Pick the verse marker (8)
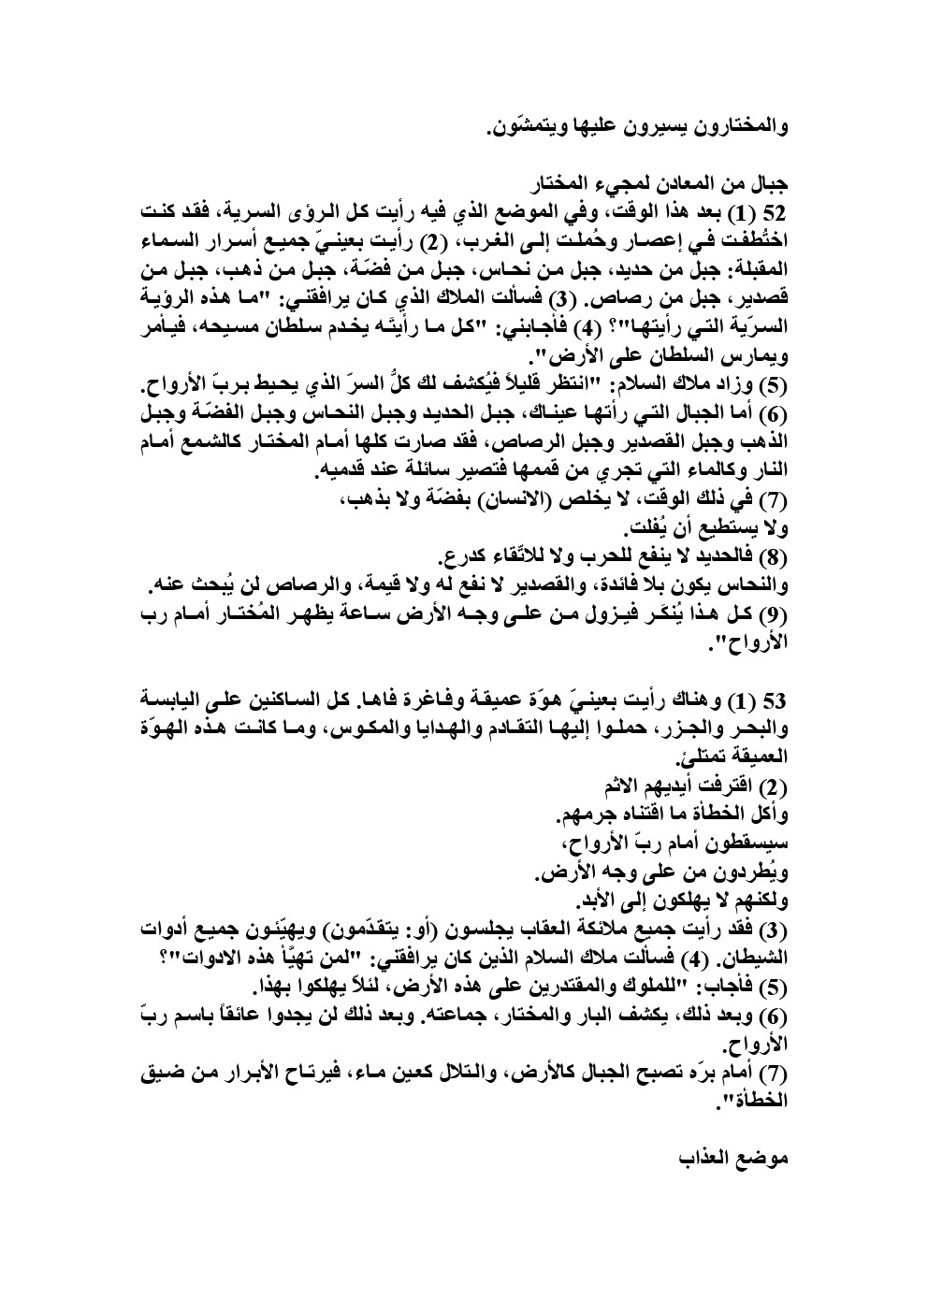pos(772,560)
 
